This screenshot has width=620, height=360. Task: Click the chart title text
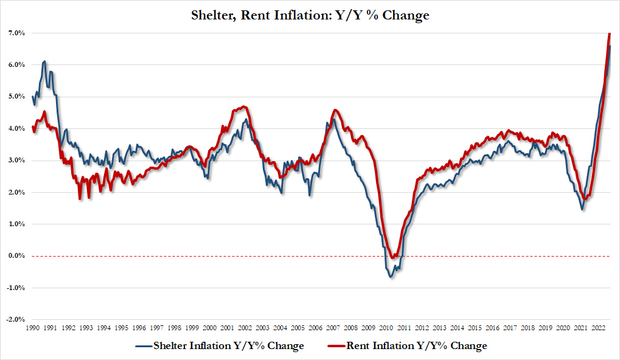pyautogui.click(x=310, y=15)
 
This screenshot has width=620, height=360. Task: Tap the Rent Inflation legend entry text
pyautogui.click(x=417, y=346)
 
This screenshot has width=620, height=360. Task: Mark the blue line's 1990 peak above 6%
pyautogui.click(x=44, y=61)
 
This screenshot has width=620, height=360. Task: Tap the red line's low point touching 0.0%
pyautogui.click(x=393, y=258)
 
